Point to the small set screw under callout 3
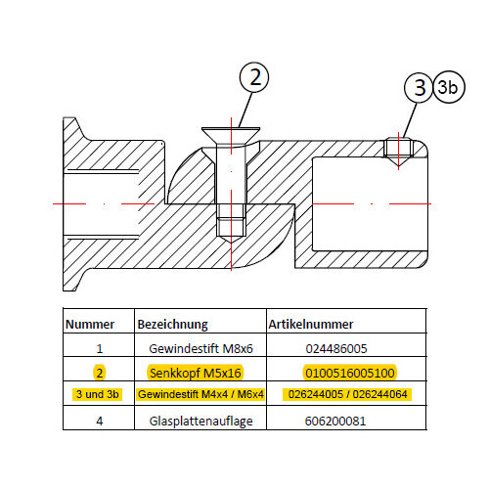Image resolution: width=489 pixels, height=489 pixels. click(398, 150)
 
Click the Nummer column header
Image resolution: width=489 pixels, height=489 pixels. click(90, 325)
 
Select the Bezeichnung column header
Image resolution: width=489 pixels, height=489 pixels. click(172, 325)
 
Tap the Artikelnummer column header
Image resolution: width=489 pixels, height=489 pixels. click(311, 325)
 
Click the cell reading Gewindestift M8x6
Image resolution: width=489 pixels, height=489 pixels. click(200, 349)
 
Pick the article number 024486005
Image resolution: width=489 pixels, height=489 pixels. click(336, 349)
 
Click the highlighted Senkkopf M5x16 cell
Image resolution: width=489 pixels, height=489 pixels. click(196, 373)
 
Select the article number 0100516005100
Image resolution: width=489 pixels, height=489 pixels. click(350, 373)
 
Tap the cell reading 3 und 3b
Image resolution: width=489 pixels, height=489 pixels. click(97, 394)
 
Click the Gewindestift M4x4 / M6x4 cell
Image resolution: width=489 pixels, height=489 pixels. click(200, 394)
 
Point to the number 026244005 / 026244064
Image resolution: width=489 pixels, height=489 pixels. click(347, 394)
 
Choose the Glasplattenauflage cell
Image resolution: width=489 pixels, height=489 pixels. click(200, 422)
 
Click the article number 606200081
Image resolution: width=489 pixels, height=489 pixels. click(335, 422)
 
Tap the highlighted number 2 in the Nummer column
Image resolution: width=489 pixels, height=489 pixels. click(100, 373)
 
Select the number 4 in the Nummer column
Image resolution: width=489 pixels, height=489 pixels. click(100, 422)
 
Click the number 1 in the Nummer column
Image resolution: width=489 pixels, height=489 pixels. click(100, 349)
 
